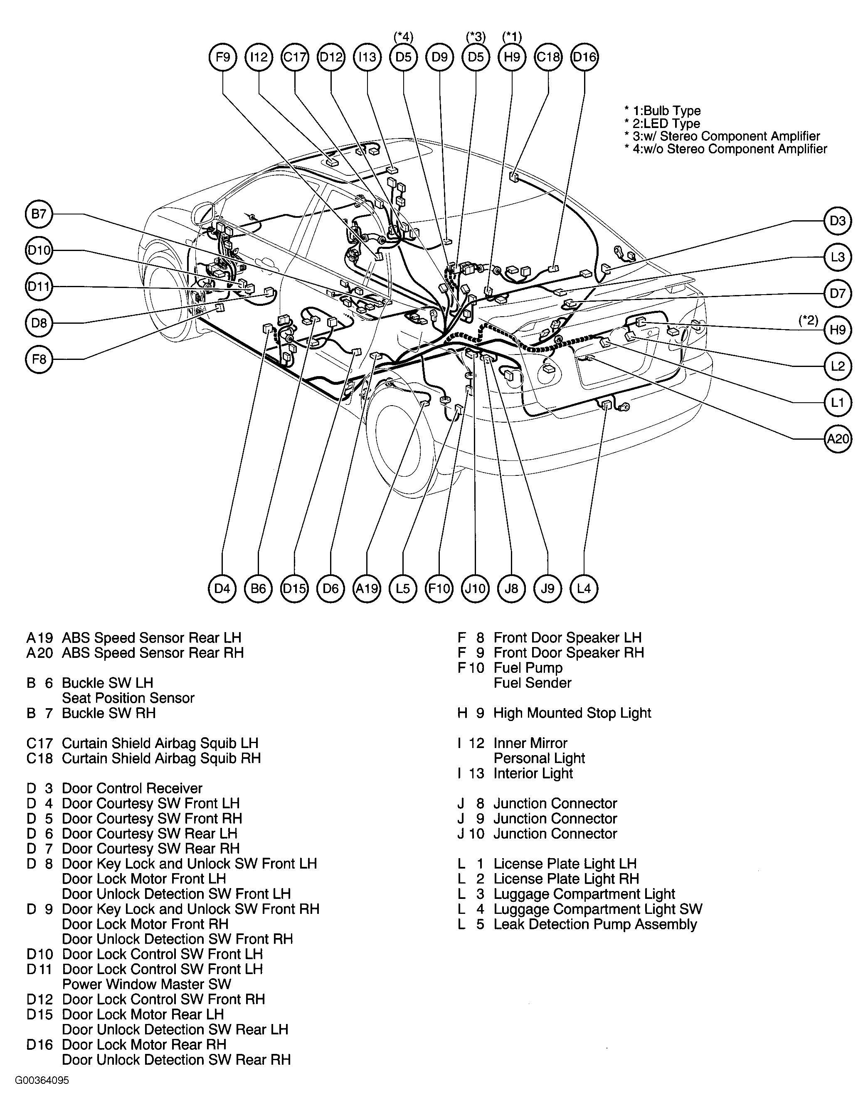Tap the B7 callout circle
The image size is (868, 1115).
pyautogui.click(x=39, y=214)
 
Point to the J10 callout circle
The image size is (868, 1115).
pyautogui.click(x=475, y=588)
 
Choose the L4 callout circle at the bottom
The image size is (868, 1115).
pyautogui.click(x=584, y=588)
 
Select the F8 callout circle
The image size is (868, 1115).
pyautogui.click(x=39, y=359)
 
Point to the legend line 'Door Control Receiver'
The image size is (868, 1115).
pyautogui.click(x=132, y=788)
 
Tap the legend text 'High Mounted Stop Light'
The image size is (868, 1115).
pyautogui.click(x=572, y=713)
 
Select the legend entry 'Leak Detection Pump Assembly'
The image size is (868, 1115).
pyautogui.click(x=595, y=924)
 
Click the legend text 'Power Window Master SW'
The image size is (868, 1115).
pyautogui.click(x=147, y=985)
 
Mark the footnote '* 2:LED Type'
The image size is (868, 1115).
pyautogui.click(x=662, y=123)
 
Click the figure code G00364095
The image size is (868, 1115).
pyautogui.click(x=42, y=1080)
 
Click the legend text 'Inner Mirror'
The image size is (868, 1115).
pyautogui.click(x=530, y=743)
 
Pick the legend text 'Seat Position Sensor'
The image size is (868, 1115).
pyautogui.click(x=128, y=698)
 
